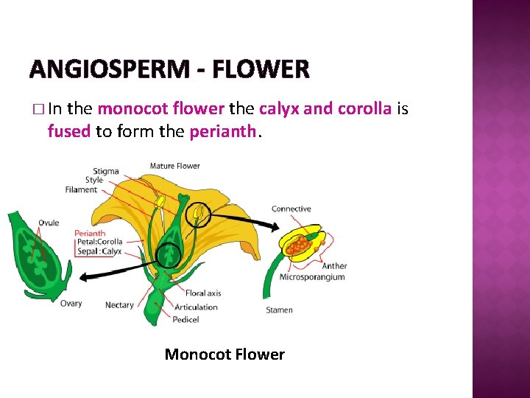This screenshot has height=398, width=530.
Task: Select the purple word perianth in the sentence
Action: (x=223, y=132)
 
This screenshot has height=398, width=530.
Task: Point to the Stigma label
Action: (x=106, y=171)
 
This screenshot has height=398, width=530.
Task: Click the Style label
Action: (x=94, y=180)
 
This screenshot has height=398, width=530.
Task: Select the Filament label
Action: (x=81, y=189)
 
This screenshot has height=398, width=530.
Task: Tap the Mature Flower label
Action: (x=174, y=166)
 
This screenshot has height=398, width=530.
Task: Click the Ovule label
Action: (x=49, y=223)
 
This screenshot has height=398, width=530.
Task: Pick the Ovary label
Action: (x=71, y=303)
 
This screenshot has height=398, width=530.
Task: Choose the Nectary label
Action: (x=119, y=304)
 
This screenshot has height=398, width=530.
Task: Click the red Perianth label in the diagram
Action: (x=90, y=234)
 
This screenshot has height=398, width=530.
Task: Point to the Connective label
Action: (x=291, y=209)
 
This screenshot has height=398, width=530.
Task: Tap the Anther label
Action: (x=335, y=266)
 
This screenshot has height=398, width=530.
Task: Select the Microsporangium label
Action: (x=312, y=277)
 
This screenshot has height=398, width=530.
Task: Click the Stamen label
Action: (x=279, y=310)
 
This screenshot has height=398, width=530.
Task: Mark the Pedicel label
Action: (x=186, y=320)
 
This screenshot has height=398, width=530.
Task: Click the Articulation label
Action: (x=196, y=307)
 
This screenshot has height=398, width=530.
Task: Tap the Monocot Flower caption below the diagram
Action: (x=225, y=355)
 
